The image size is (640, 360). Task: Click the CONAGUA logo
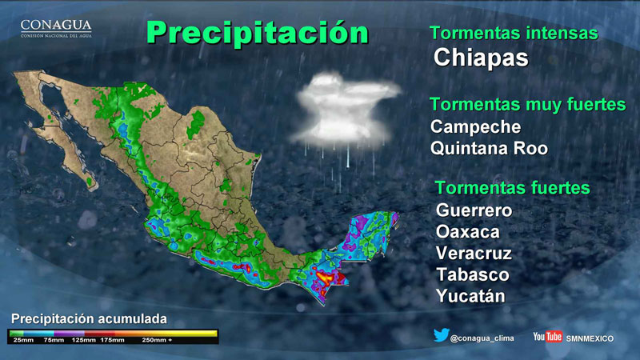pos(56,29)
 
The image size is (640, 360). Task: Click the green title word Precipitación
pos(258,32)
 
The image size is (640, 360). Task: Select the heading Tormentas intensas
pos(514,33)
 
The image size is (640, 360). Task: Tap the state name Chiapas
pos(481,58)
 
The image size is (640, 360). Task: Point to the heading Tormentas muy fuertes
pos(528,105)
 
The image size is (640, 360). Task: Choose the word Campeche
pos(475,127)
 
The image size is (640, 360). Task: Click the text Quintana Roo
pos(489,148)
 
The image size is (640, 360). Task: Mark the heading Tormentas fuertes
pos(513,188)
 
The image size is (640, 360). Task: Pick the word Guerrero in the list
pos(474,210)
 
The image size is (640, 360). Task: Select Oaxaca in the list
pos(468,232)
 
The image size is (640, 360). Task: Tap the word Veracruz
pos(474,253)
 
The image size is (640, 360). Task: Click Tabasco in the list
pos(473,274)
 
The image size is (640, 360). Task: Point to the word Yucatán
pos(470,296)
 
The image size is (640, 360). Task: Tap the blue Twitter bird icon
pos(442,335)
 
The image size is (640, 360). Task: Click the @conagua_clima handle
pos(482,338)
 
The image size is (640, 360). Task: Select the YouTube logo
pos(548,337)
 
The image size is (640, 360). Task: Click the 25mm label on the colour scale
pos(23,340)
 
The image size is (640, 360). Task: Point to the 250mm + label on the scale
pos(157,340)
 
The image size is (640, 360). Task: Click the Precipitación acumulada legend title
pos(89,318)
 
